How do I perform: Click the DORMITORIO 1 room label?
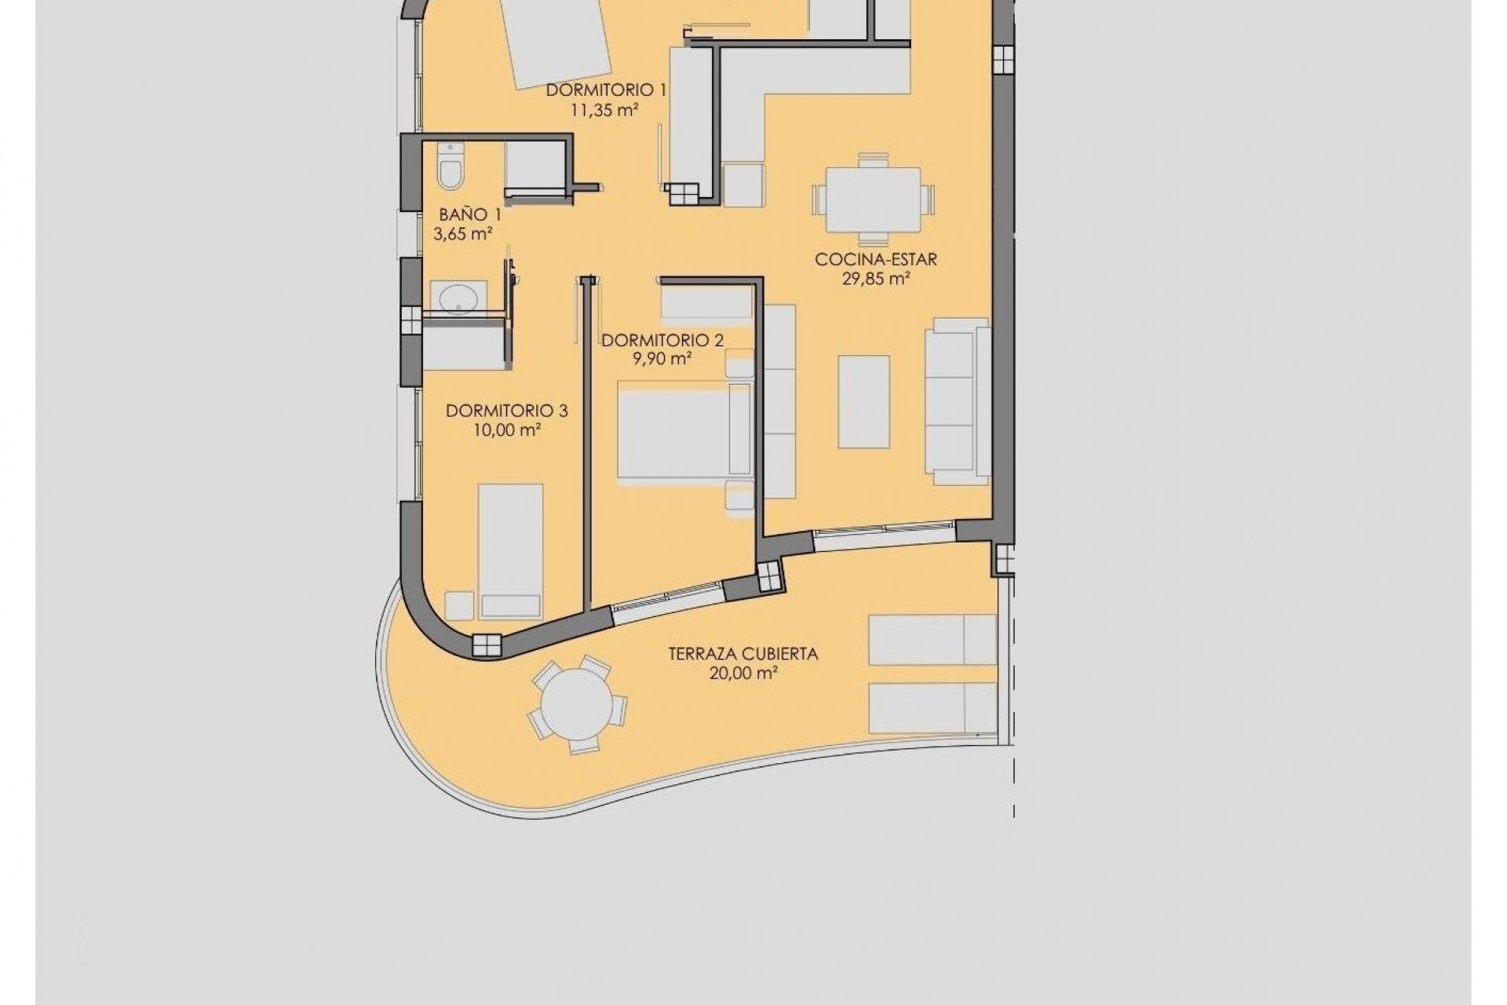(606, 90)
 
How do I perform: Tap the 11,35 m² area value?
(604, 110)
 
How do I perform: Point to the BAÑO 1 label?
(469, 214)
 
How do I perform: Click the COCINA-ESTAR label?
(876, 259)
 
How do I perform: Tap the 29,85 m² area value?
(876, 279)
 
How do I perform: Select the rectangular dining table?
(873, 199)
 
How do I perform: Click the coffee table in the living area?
(863, 400)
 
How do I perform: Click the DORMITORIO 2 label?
(662, 340)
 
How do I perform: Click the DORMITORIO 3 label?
(506, 411)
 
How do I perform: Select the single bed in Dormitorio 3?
(510, 550)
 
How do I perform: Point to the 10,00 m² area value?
(507, 430)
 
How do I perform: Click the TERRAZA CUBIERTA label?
(743, 653)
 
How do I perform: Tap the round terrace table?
(577, 704)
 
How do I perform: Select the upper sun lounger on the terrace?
(931, 640)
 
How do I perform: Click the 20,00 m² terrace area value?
(743, 673)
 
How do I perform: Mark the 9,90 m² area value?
(662, 360)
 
